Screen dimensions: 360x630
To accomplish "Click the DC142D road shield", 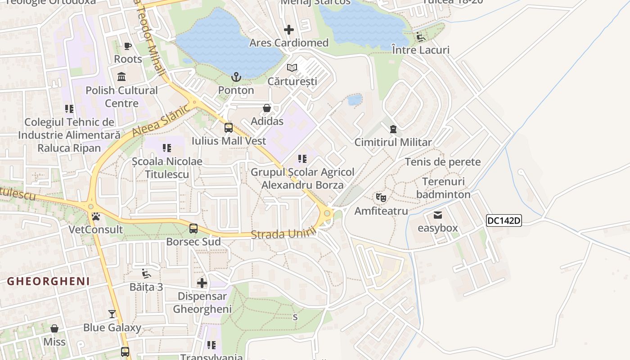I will (504, 220).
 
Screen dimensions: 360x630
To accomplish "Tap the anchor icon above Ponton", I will (236, 77).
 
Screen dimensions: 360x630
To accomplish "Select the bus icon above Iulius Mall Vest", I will (229, 128).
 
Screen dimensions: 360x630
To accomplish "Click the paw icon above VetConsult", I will (96, 216).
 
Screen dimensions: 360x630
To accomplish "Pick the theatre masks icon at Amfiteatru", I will (381, 197).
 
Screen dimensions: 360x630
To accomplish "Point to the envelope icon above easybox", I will (438, 215).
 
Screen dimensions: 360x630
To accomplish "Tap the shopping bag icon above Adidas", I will (267, 108).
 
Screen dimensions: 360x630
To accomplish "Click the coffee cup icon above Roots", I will (128, 46).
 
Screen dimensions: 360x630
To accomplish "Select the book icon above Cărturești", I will (292, 68).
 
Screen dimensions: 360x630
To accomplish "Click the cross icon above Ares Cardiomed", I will (289, 30).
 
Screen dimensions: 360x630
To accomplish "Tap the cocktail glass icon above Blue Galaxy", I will (112, 314).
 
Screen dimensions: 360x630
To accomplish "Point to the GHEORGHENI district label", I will (49, 282).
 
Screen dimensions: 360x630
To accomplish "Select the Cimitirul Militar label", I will (393, 142).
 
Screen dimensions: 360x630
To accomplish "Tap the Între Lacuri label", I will (421, 49).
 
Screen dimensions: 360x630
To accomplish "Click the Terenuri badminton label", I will (443, 188).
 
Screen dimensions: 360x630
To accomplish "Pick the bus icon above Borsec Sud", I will (193, 229).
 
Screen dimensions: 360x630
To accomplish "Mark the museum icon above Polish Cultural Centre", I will (121, 77).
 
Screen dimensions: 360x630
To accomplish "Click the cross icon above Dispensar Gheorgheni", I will (202, 283).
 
